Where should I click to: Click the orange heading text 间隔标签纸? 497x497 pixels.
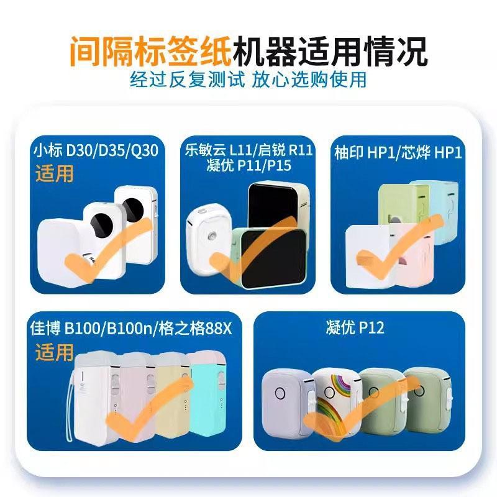coord(150,52)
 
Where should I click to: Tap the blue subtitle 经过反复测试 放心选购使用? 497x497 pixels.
coord(248,80)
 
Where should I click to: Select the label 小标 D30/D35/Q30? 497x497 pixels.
coord(96,150)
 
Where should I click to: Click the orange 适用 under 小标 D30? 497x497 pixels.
coord(54,173)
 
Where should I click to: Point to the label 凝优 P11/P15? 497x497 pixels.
coord(248,165)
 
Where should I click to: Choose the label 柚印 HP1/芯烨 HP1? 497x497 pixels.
coord(398,152)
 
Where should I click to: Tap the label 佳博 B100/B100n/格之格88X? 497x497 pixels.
coord(131,328)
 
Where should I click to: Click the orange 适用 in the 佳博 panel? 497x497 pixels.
coord(54,352)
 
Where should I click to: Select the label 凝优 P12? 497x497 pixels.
coord(355,327)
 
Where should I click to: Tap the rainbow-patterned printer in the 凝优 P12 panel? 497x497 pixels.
coord(337,403)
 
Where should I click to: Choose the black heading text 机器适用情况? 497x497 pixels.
coord(331,52)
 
